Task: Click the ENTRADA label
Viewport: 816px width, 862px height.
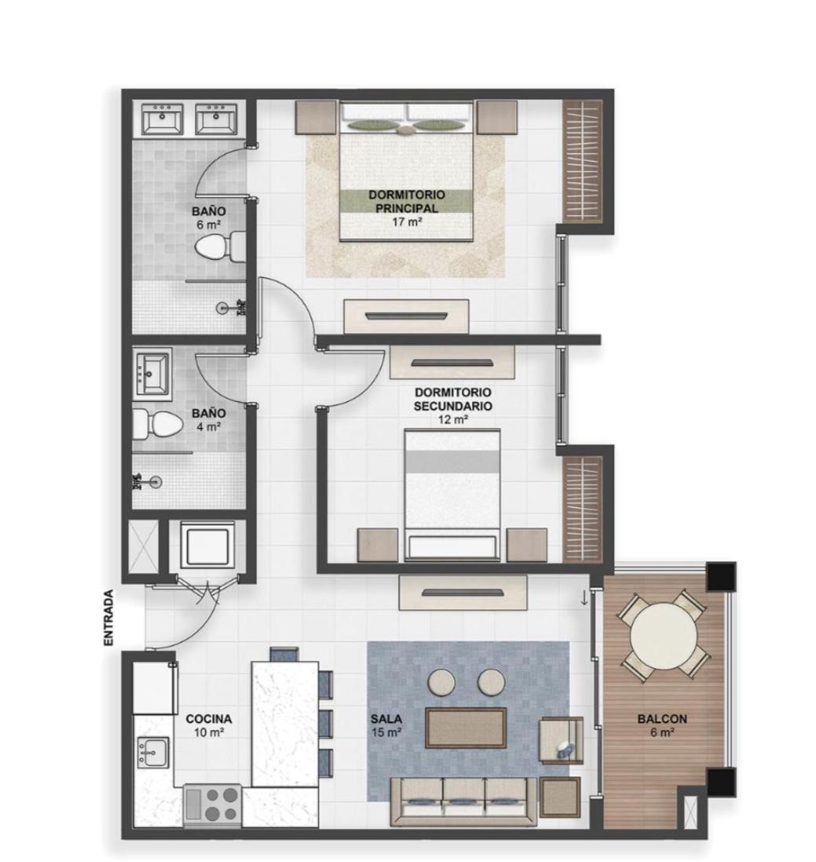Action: [109, 617]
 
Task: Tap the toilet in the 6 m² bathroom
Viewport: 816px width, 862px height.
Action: [221, 247]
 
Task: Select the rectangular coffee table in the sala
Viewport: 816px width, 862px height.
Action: [466, 728]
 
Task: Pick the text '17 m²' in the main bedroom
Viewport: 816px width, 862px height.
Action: [407, 222]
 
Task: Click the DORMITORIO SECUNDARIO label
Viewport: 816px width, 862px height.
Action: [452, 400]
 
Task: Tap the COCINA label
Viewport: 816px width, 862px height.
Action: [208, 718]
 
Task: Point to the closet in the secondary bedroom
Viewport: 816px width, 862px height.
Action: [583, 509]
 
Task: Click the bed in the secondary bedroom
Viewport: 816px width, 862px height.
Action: [452, 495]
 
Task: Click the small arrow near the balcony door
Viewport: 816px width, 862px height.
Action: [584, 599]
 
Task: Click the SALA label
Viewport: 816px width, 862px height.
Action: [386, 718]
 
